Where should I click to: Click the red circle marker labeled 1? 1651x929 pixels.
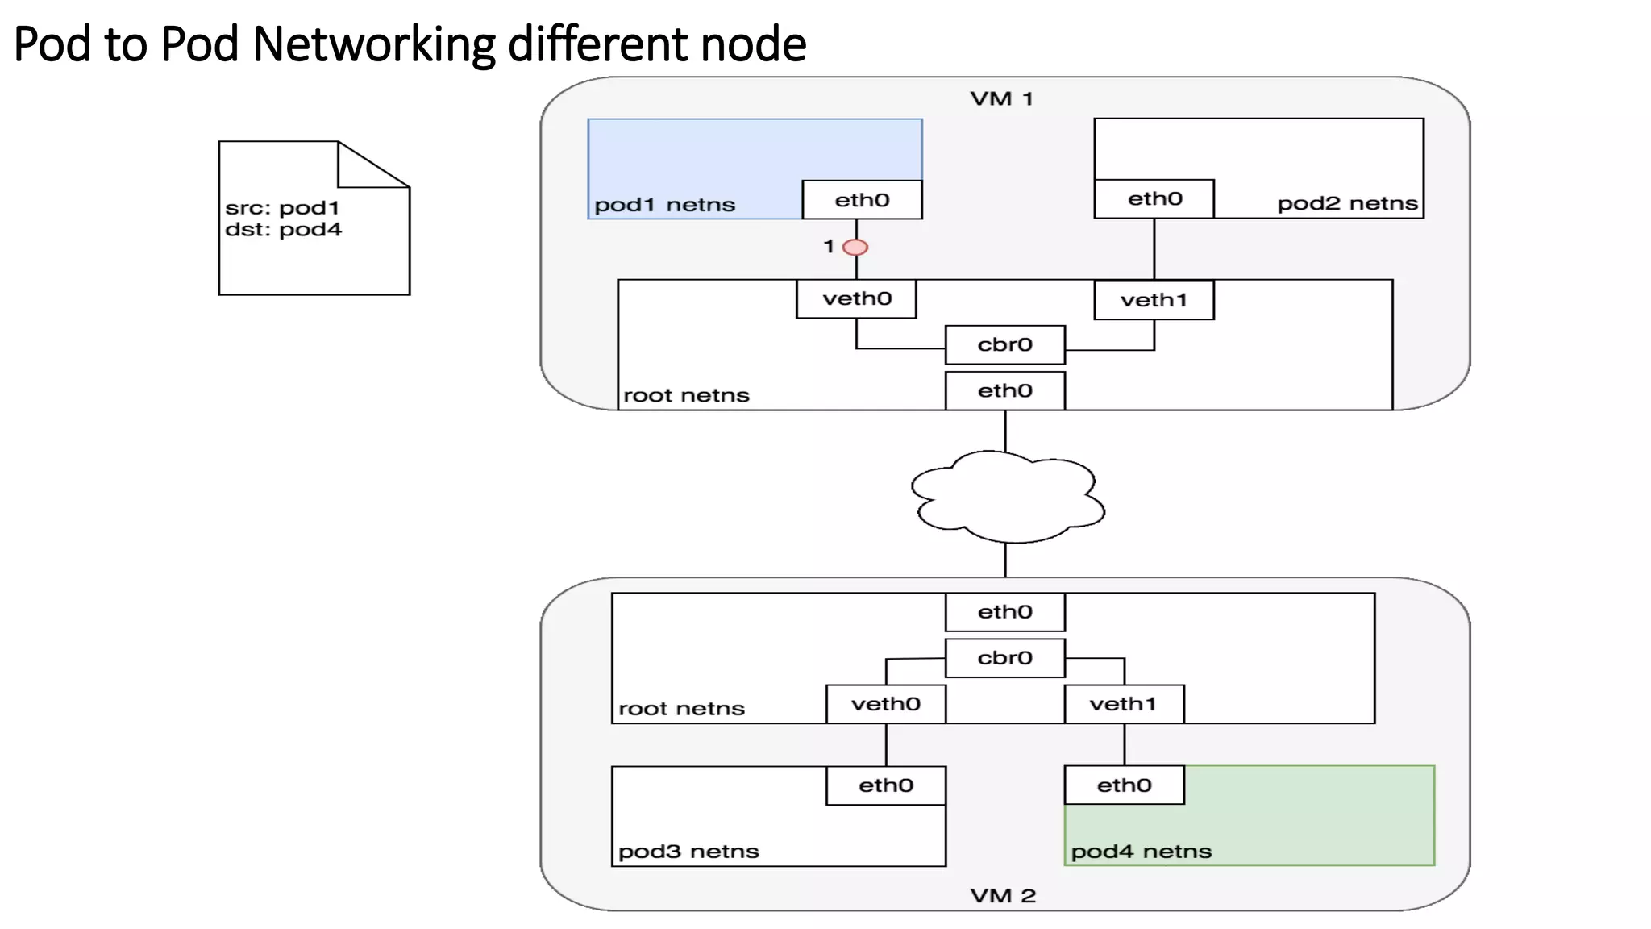pyautogui.click(x=855, y=247)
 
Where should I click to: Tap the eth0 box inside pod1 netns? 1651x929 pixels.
pyautogui.click(x=862, y=200)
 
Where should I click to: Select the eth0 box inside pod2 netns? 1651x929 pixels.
pyautogui.click(x=1154, y=199)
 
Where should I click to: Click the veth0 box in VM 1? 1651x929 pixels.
pyautogui.click(x=856, y=299)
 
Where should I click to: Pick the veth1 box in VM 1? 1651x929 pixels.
pyautogui.click(x=1154, y=300)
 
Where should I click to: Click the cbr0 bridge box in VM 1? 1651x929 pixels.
pyautogui.click(x=1004, y=345)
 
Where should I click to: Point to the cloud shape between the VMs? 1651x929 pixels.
pyautogui.click(x=1007, y=495)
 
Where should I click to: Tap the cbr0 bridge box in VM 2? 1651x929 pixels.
pyautogui.click(x=1004, y=658)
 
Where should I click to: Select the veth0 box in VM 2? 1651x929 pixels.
pyautogui.click(x=885, y=704)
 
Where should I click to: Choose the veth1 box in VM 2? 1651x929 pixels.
pyautogui.click(x=1124, y=704)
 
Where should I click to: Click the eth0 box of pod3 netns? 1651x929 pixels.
pyautogui.click(x=885, y=785)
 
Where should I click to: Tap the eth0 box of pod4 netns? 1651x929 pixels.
pyautogui.click(x=1124, y=785)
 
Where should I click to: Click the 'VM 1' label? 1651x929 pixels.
pyautogui.click(x=1001, y=99)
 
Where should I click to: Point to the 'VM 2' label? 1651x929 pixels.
pyautogui.click(x=1003, y=896)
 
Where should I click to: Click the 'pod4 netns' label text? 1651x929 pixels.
pyautogui.click(x=1141, y=852)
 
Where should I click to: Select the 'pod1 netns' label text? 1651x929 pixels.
pyautogui.click(x=664, y=205)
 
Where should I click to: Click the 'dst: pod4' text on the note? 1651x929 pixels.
pyautogui.click(x=283, y=230)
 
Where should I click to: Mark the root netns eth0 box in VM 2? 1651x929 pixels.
pyautogui.click(x=1004, y=612)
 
